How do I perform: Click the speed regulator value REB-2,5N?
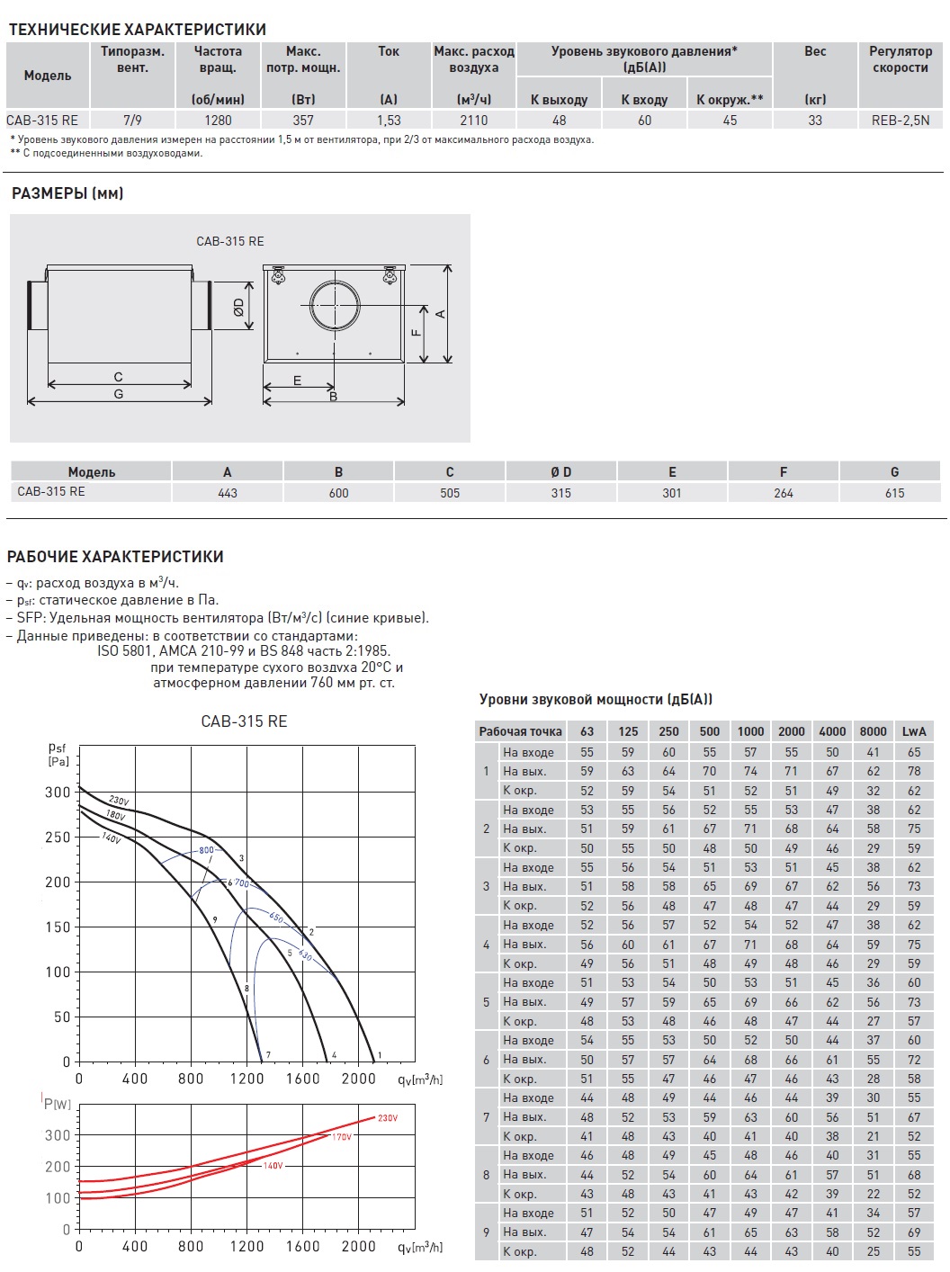click(900, 120)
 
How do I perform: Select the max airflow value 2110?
click(473, 120)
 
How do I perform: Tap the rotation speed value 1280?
click(218, 120)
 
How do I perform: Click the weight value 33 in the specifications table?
click(815, 120)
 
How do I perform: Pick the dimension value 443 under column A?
click(228, 493)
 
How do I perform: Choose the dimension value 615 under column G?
click(894, 493)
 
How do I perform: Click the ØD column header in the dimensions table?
click(560, 471)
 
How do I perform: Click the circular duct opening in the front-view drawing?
click(335, 305)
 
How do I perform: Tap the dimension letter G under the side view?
click(118, 394)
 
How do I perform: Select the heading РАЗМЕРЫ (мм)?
click(67, 193)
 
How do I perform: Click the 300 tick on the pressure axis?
click(58, 793)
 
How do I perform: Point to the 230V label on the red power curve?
click(388, 1118)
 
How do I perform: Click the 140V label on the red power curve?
click(273, 1166)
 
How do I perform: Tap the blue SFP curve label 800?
click(207, 850)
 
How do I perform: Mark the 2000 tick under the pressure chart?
click(358, 1079)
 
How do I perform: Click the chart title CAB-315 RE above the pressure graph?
click(244, 721)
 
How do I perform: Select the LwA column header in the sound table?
click(913, 731)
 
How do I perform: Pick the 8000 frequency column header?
click(873, 731)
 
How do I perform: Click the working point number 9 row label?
click(486, 1232)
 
